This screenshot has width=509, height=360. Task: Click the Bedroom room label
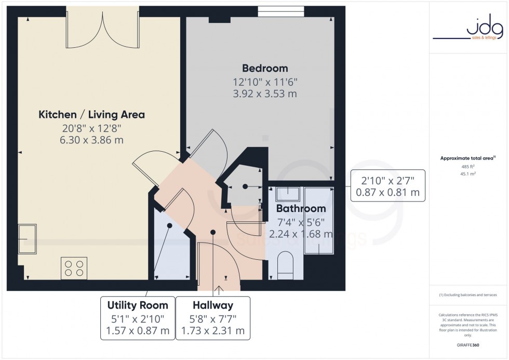tap(264, 68)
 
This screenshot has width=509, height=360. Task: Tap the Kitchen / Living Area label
tap(91, 114)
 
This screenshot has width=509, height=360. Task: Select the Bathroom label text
tap(301, 209)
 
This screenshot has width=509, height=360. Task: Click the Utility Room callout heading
tap(138, 305)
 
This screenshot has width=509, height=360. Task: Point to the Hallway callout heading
tap(212, 305)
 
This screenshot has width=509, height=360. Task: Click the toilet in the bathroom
tap(286, 262)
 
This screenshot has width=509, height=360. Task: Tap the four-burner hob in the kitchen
tap(73, 268)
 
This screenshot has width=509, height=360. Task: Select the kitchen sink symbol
tap(27, 239)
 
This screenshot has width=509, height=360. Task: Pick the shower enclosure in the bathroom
tap(318, 220)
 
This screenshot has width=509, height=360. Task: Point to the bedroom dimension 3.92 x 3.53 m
tap(264, 94)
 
